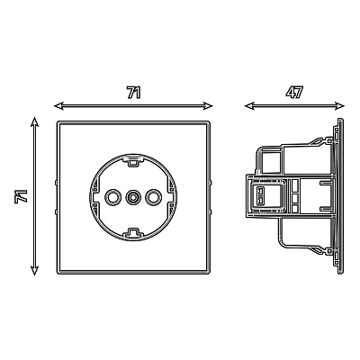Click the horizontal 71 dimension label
pos(133,93)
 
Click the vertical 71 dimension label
pos(21,196)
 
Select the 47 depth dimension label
pos(294,92)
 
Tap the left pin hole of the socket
pos(112,197)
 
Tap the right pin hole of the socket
pos(153,197)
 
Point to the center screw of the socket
pos(132,197)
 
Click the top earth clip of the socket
pos(132,162)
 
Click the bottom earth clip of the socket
pos(132,232)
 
